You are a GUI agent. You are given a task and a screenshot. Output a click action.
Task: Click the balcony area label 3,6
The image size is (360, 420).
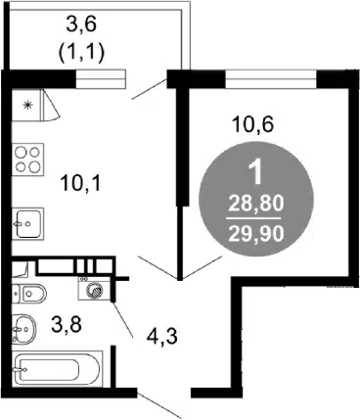[81, 25]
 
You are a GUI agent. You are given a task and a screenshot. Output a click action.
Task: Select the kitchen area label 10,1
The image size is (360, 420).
[81, 183]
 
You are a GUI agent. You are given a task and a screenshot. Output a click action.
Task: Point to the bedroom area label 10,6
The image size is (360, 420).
[251, 124]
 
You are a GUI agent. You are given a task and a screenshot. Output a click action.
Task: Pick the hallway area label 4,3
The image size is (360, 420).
[162, 337]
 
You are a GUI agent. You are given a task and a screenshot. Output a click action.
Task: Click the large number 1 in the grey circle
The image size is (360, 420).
[256, 173]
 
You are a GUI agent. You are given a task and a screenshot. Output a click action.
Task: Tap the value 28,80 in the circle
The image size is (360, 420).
[256, 205]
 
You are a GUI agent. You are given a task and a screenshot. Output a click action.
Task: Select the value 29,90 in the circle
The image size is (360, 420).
[256, 234]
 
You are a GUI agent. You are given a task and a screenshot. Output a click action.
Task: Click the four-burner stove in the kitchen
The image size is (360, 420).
[28, 160]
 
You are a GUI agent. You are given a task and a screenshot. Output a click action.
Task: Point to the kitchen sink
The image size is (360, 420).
[28, 224]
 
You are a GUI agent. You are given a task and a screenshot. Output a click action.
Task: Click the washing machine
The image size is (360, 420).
[95, 288]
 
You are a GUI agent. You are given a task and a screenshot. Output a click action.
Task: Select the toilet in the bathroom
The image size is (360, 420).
[29, 294]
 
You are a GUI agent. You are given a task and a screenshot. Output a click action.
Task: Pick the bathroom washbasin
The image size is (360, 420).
[23, 329]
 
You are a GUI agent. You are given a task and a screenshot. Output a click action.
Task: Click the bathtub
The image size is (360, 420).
[58, 368]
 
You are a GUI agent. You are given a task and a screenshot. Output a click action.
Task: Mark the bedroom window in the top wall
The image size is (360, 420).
[271, 79]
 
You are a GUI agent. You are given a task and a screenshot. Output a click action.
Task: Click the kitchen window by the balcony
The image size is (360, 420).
[101, 79]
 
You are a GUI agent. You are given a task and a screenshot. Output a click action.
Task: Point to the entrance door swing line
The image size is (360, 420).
[159, 403]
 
